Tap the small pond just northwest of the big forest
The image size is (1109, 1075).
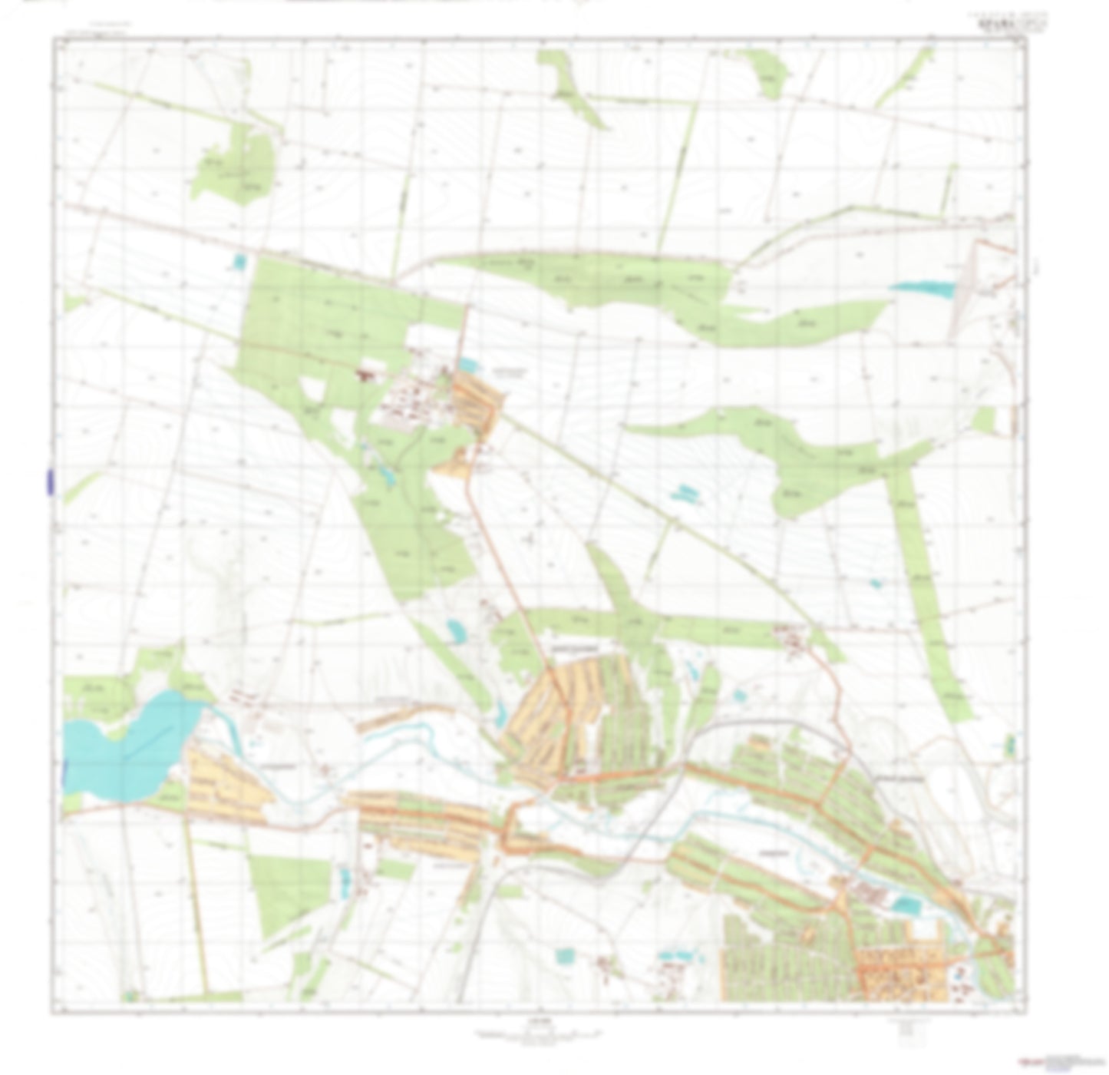pyautogui.click(x=239, y=263)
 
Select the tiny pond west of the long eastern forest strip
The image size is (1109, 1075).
pyautogui.click(x=876, y=584)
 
